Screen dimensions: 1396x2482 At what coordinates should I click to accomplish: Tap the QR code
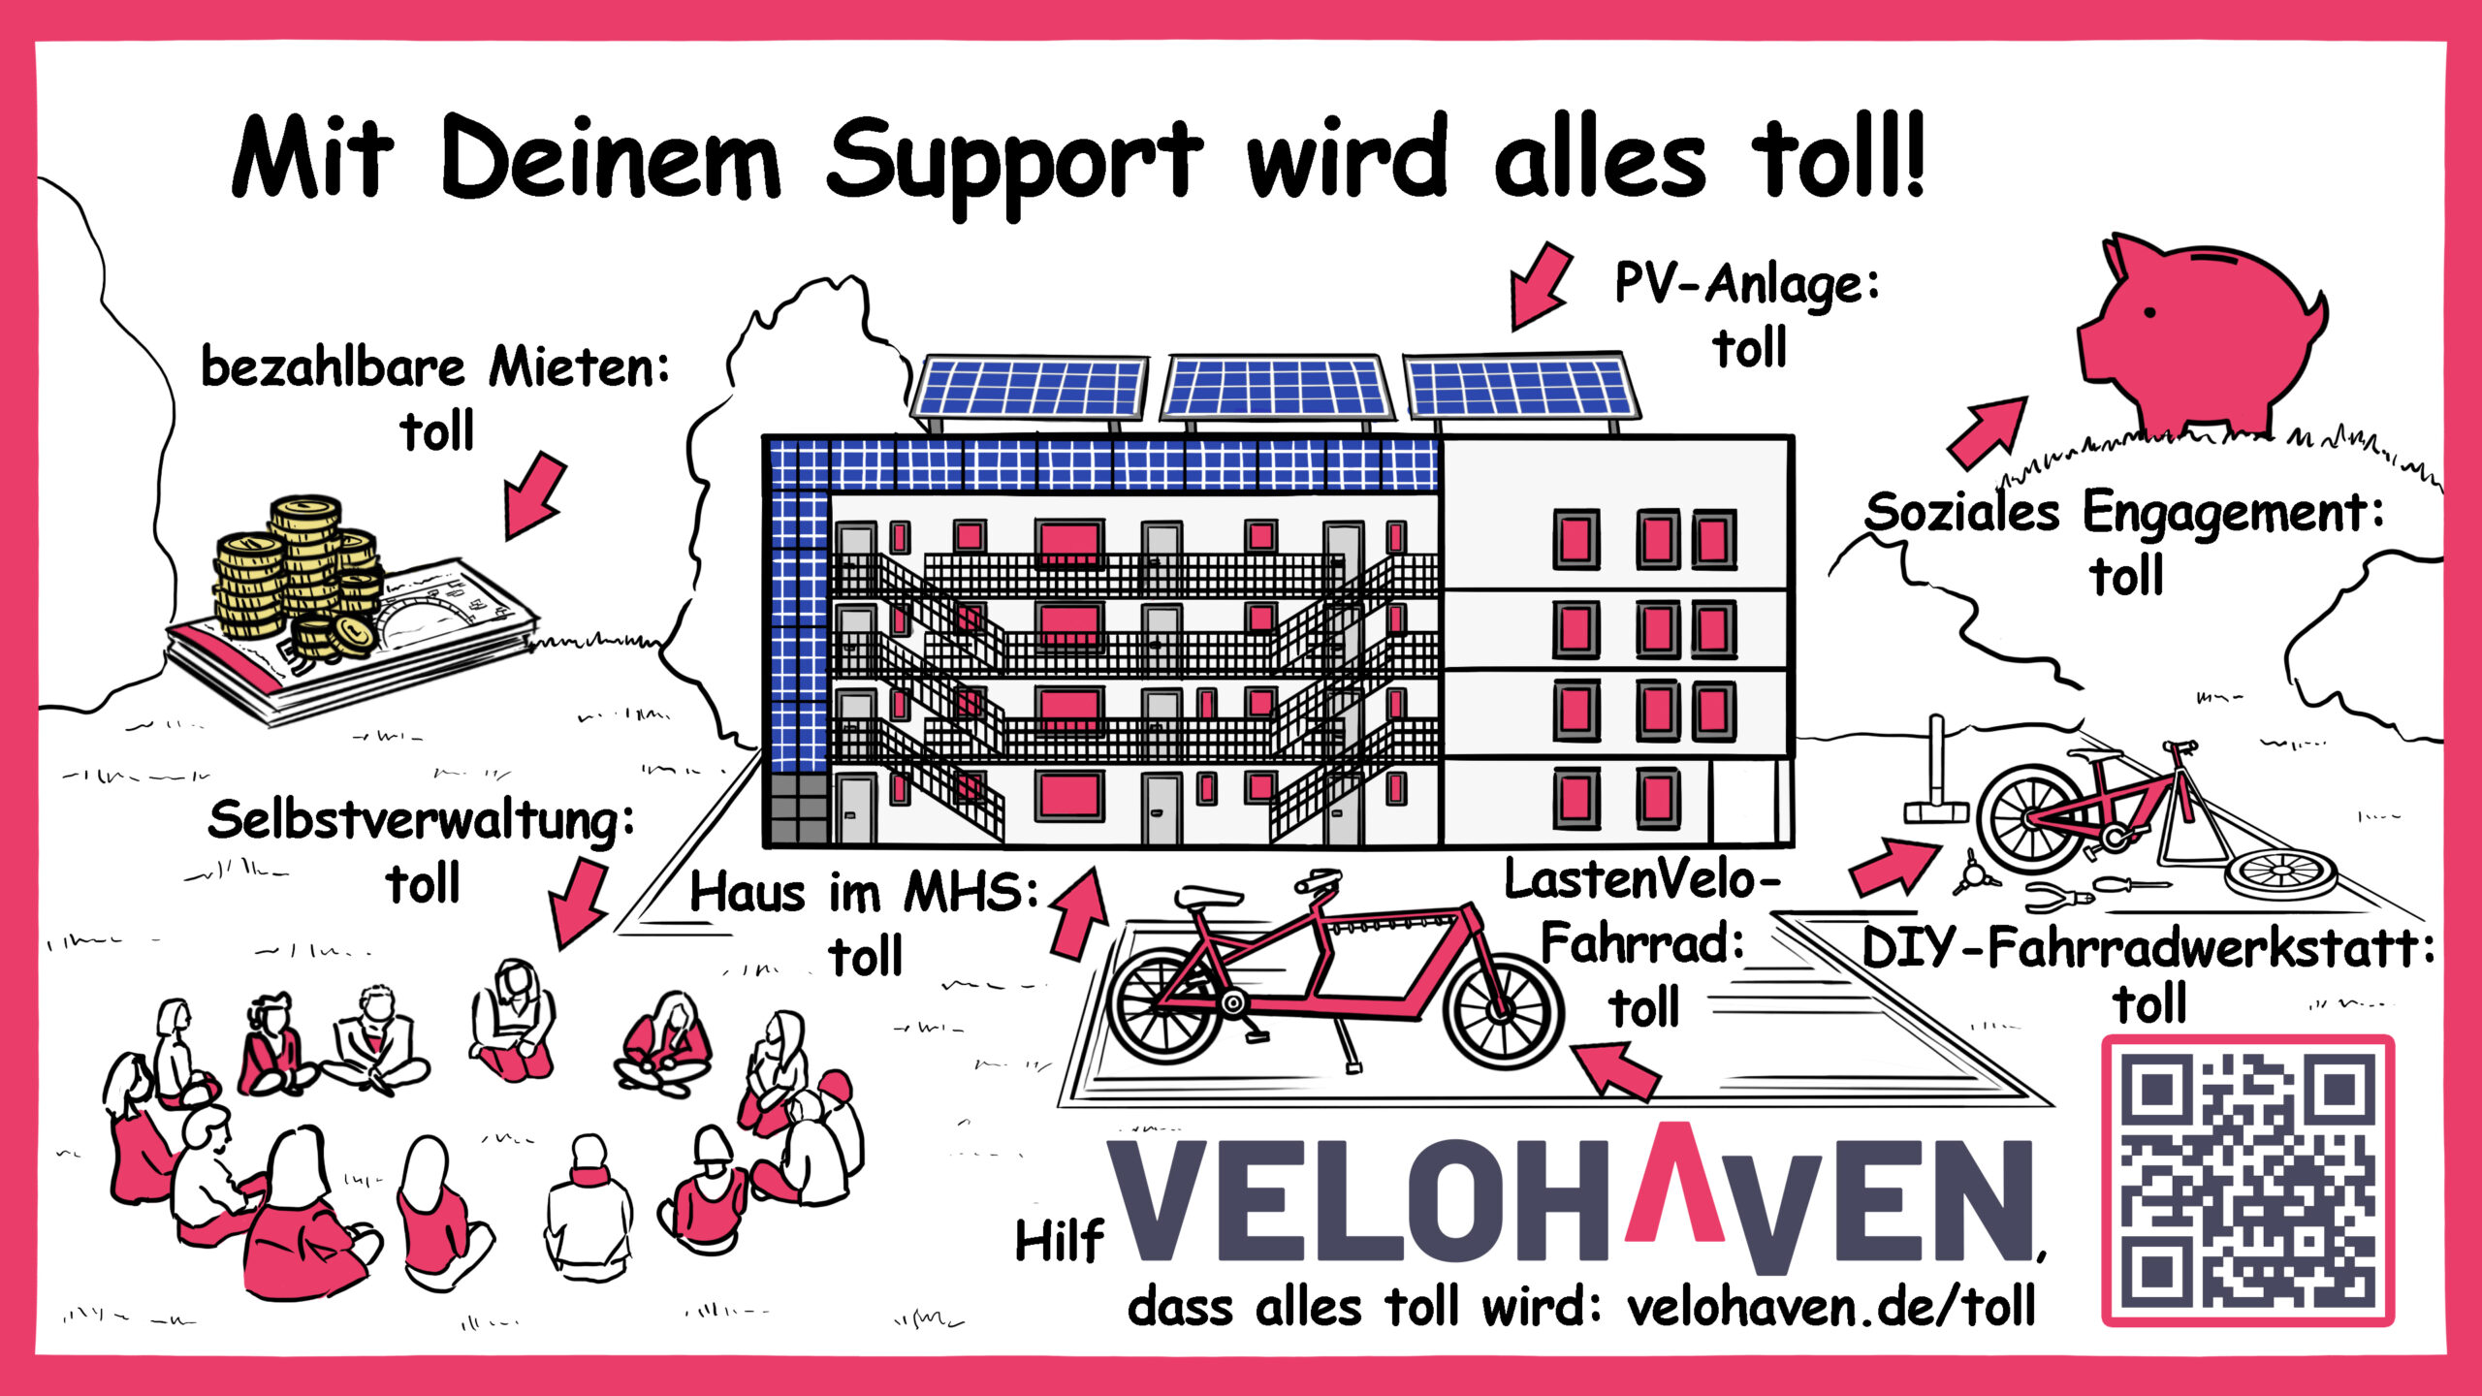(x=2247, y=1180)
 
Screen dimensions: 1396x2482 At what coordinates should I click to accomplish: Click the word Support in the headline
(x=1013, y=160)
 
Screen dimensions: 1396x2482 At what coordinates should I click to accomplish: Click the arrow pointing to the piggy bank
(x=1988, y=431)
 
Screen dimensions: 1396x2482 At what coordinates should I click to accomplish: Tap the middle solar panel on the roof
(x=1275, y=388)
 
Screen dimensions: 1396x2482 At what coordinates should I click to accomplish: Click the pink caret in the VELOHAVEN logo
(x=1674, y=1183)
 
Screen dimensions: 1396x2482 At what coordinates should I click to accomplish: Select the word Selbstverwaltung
(x=422, y=822)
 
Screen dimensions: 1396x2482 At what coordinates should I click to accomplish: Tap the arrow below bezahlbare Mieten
(x=533, y=494)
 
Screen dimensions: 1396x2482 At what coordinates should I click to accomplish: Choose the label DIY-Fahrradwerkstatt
(x=2148, y=948)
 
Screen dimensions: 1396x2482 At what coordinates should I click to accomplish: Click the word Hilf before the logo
(x=1059, y=1241)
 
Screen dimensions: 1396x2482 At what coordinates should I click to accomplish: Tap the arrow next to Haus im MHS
(x=1078, y=911)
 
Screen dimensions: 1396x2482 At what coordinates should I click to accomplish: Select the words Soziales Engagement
(x=2123, y=512)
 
